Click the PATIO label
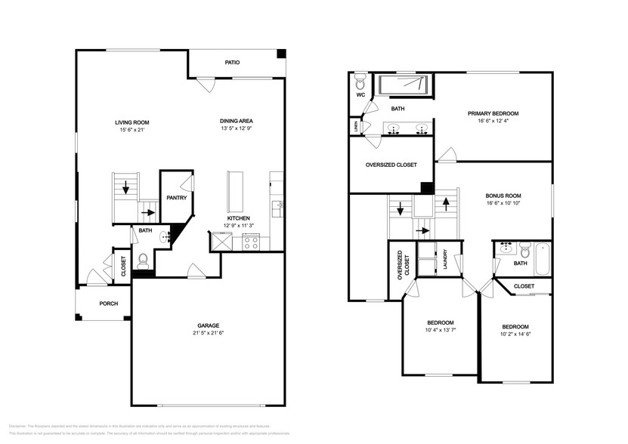coord(232,62)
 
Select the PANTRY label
coord(177,198)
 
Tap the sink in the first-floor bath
coord(165,237)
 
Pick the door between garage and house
coord(195,270)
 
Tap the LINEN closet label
coord(354,125)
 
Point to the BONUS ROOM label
coord(503,196)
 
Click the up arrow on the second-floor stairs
coord(445,203)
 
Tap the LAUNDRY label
coord(446,259)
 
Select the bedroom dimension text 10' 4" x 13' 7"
coord(440,329)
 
